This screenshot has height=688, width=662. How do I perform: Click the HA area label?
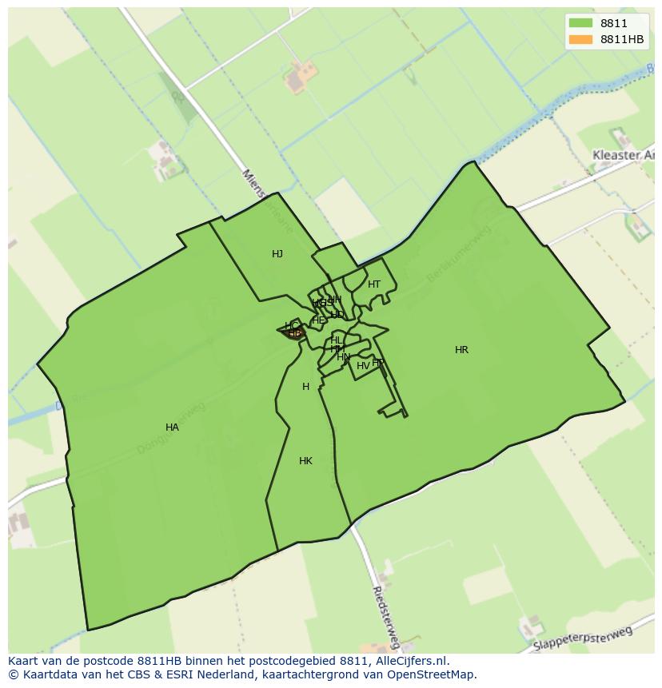[172, 428]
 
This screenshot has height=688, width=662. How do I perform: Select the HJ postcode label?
[277, 254]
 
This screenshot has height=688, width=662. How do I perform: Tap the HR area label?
[461, 350]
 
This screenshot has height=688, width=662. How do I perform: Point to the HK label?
[305, 461]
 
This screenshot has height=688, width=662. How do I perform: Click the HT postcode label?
[374, 284]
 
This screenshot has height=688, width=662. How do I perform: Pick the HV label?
[363, 366]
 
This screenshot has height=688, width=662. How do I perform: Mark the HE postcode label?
[318, 320]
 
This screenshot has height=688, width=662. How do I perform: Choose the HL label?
[336, 340]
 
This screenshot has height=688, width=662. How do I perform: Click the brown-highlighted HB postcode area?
[294, 333]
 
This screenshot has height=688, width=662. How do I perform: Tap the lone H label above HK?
[305, 387]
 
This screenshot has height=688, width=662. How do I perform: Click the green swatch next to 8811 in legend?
[580, 23]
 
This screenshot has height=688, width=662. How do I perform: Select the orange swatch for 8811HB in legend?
[580, 39]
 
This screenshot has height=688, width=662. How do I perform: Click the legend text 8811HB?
[622, 39]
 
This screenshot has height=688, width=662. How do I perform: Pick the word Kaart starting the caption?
[25, 661]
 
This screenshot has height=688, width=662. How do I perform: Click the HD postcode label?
[337, 315]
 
